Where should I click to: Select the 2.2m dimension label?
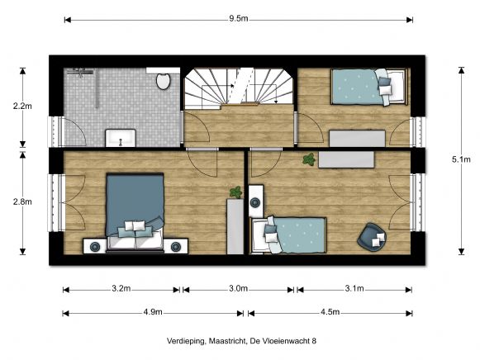22,107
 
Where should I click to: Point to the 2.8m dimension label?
22,201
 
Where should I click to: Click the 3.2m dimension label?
121,289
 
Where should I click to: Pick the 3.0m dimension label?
239,289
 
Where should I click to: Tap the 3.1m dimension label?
353,289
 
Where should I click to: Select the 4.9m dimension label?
153,312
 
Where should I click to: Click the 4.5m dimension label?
329,312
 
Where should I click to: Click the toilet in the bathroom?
163,81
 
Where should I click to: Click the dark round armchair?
373,237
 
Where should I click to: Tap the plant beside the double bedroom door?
235,192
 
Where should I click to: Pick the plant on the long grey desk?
308,159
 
